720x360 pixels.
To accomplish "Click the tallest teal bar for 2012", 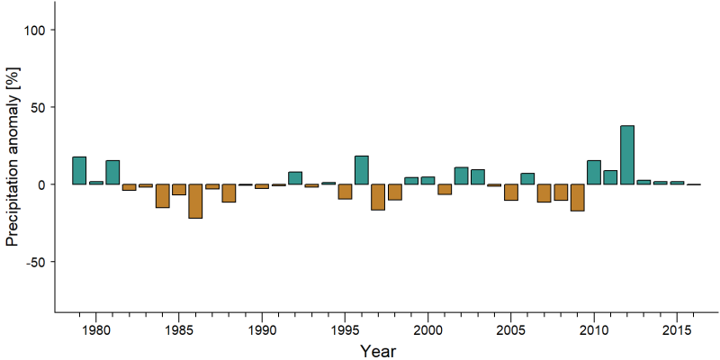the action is (x=627, y=155).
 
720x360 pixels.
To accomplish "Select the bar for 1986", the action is (x=195, y=201).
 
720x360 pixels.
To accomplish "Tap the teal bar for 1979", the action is (x=79, y=170).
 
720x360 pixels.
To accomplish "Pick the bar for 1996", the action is (x=362, y=170).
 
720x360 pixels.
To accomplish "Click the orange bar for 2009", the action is (x=577, y=197).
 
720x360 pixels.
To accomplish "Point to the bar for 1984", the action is (x=163, y=196).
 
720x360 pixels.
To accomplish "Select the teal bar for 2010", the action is (x=594, y=172).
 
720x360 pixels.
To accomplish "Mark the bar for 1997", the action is (x=378, y=197).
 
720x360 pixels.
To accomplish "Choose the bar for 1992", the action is (x=295, y=178).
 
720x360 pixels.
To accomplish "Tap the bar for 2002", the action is (x=461, y=175).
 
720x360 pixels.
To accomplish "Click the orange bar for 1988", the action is (x=229, y=193).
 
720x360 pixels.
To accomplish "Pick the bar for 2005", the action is (x=511, y=193).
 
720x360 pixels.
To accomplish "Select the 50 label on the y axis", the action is (x=37, y=107).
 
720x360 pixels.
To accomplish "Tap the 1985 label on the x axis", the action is (x=178, y=330).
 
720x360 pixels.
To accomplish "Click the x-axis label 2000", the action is (x=427, y=330).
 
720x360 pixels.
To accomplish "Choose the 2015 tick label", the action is (x=677, y=330).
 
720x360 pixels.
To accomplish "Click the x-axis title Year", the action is (x=377, y=351).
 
